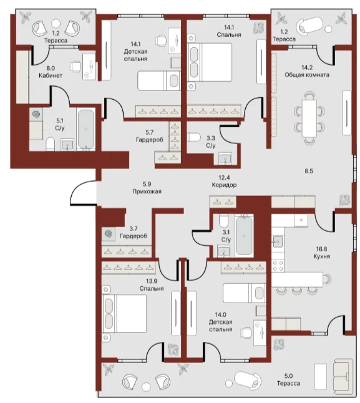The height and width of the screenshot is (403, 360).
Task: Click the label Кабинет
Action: click(x=51, y=75)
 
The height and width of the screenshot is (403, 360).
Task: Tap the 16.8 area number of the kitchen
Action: click(x=321, y=249)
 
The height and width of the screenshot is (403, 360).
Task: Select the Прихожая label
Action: click(x=147, y=192)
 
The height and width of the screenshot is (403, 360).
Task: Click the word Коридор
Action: click(x=224, y=185)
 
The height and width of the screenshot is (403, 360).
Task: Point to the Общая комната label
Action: click(x=307, y=75)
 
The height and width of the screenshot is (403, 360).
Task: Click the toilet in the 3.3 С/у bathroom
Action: click(x=194, y=137)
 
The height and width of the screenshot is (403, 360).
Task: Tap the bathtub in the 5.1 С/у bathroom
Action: click(x=86, y=129)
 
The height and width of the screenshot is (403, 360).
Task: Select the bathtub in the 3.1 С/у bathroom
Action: click(x=244, y=236)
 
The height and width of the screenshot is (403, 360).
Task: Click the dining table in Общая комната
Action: click(x=309, y=119)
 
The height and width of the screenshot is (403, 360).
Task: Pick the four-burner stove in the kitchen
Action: click(x=278, y=266)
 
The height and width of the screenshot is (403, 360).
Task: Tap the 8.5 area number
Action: click(x=309, y=171)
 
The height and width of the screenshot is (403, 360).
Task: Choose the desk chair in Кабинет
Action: click(x=75, y=66)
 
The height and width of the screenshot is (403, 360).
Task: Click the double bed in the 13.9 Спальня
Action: click(x=124, y=314)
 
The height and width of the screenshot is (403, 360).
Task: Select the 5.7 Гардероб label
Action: click(x=149, y=136)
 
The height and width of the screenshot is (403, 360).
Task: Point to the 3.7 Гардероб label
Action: click(x=134, y=232)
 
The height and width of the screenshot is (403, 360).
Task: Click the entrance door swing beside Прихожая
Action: click(x=80, y=190)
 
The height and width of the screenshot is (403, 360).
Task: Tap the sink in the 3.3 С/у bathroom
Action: click(x=225, y=158)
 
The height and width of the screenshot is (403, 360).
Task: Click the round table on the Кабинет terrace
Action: click(x=56, y=24)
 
